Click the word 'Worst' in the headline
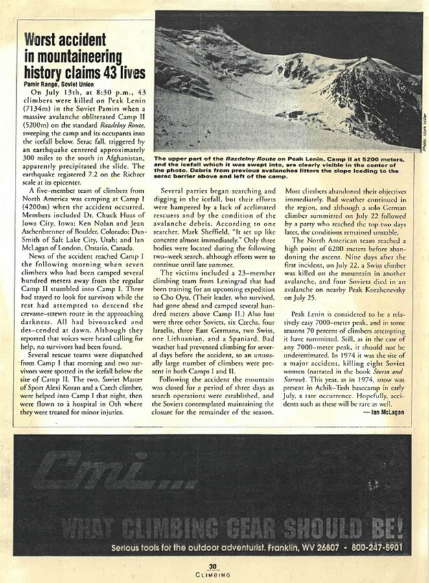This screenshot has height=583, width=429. pos(43,40)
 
